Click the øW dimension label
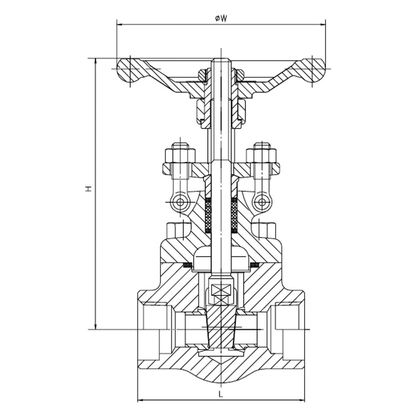coord(221,18)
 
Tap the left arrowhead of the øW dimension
coord(120,25)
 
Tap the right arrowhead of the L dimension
coord(302,400)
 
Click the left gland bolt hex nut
coord(180,156)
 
